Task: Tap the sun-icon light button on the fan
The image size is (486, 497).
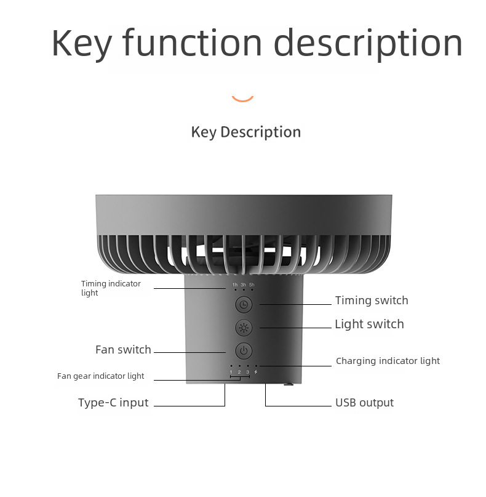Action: pos(244,328)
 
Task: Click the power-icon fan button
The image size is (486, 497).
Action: pos(244,351)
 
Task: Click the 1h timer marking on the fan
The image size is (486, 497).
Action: pos(235,285)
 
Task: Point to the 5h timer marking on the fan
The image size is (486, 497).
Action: pos(252,285)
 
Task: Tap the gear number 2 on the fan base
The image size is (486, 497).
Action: pos(239,372)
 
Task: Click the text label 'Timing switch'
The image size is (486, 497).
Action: pos(372,301)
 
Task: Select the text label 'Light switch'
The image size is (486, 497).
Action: pos(369,324)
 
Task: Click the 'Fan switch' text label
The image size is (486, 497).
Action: pos(123,350)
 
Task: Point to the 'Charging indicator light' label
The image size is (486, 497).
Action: pos(388,361)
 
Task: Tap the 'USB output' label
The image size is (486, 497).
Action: pos(364,403)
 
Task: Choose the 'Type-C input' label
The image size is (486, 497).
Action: pos(113,403)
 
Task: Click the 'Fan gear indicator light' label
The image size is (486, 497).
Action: pos(101,376)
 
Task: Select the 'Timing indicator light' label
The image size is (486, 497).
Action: pos(111,288)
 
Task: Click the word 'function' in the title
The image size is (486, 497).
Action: pos(193,43)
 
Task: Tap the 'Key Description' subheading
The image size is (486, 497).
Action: pos(246,132)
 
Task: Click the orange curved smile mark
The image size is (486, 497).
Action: pos(242,97)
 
